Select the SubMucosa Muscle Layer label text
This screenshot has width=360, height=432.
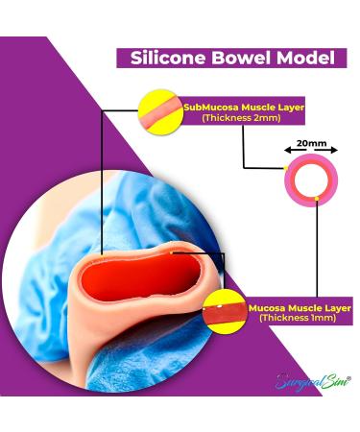pos(244,108)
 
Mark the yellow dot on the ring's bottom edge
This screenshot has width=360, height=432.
pos(318,201)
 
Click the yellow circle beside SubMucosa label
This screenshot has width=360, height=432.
pos(160,109)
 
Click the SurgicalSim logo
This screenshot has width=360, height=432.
pos(306,382)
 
